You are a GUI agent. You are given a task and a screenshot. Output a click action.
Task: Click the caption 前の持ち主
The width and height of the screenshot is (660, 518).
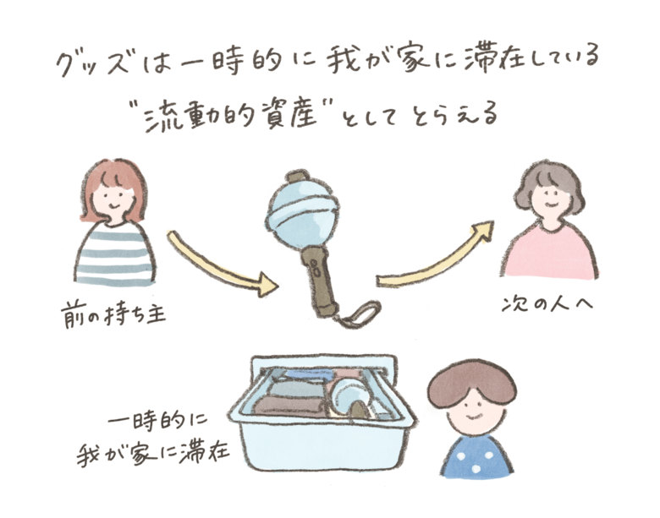click(113, 313)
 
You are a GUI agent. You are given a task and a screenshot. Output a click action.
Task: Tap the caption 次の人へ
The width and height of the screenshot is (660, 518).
click(547, 303)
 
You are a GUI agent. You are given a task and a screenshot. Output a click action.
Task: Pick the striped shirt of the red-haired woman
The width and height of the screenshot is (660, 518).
click(114, 255)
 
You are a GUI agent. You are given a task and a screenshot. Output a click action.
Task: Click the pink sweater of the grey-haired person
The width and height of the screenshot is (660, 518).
click(550, 252)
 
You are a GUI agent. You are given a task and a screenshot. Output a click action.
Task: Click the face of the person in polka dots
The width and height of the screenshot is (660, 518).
click(472, 414)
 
